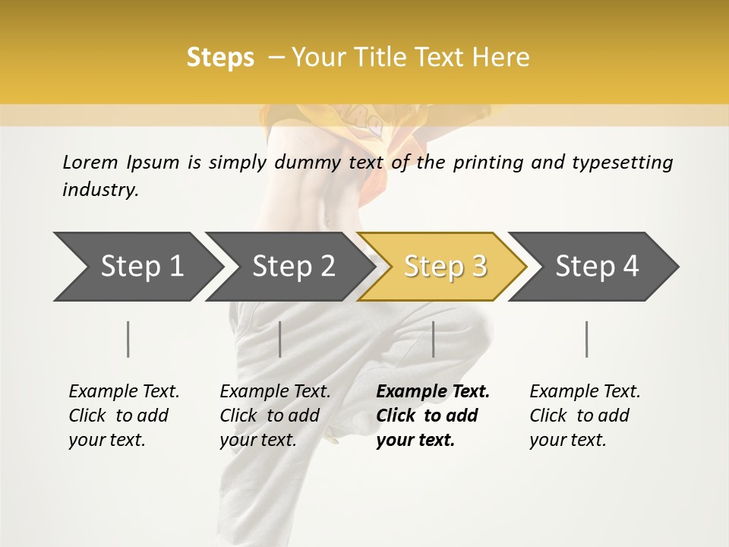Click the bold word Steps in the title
click(220, 58)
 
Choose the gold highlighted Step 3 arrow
click(445, 267)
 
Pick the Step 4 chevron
click(597, 267)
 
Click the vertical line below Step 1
click(128, 339)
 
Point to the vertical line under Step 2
click(280, 339)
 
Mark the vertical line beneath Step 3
click(433, 339)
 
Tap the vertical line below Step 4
click(587, 339)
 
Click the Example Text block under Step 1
click(124, 416)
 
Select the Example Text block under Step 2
click(275, 416)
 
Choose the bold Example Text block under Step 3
click(433, 416)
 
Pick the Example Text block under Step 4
click(585, 416)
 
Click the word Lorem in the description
click(90, 162)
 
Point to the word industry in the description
click(100, 190)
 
